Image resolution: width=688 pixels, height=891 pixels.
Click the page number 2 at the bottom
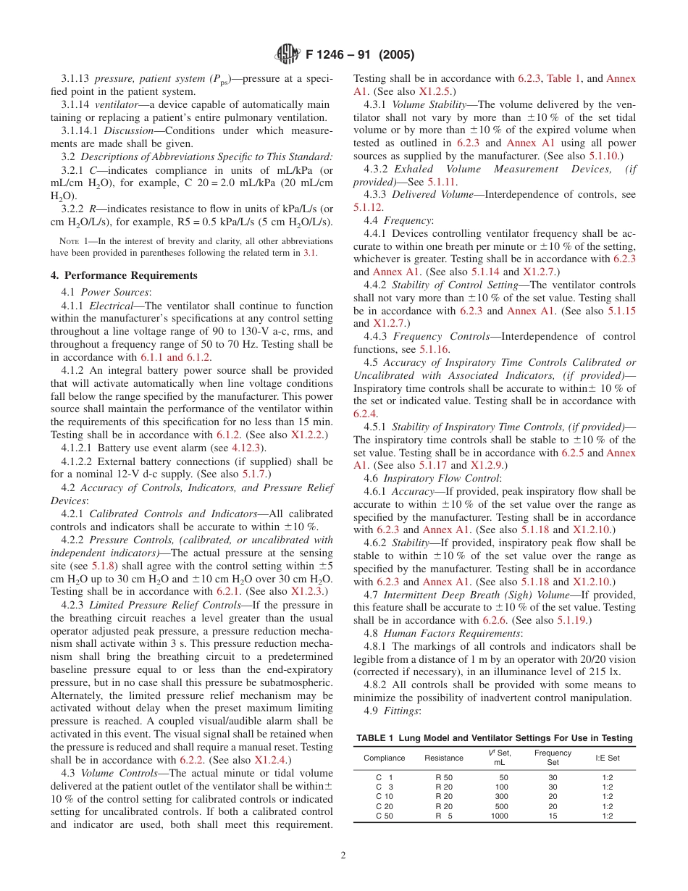pyautogui.click(x=343, y=855)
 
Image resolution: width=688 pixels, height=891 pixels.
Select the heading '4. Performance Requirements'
pyautogui.click(x=124, y=275)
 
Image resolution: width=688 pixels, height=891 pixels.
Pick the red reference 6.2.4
pyautogui.click(x=365, y=414)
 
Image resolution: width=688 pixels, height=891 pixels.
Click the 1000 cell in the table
pyautogui.click(x=499, y=816)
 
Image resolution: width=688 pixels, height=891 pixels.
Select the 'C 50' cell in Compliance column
pyautogui.click(x=384, y=816)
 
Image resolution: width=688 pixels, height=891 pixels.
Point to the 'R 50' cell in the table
pyautogui.click(x=444, y=777)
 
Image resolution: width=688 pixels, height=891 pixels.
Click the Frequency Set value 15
pyautogui.click(x=553, y=816)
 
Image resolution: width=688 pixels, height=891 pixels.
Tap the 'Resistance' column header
pyautogui.click(x=444, y=758)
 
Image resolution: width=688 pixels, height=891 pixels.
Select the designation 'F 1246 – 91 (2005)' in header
pyautogui.click(x=360, y=55)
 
